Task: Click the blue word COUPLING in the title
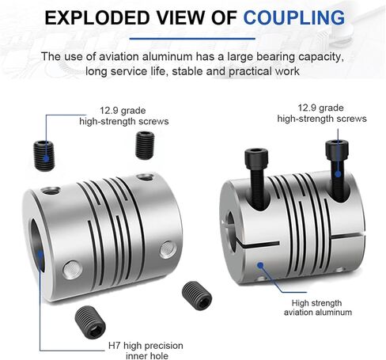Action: click(x=294, y=17)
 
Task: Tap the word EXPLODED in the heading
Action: click(x=97, y=17)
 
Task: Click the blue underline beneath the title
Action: click(x=192, y=39)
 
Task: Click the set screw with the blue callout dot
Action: click(x=44, y=156)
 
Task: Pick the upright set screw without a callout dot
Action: click(x=145, y=146)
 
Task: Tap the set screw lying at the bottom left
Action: click(x=90, y=322)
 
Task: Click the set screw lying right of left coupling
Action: click(x=197, y=296)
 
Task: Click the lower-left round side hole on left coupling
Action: click(x=72, y=270)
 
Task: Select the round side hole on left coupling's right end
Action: click(x=168, y=249)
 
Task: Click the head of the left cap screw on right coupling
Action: click(x=256, y=158)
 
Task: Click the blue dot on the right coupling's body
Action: click(x=260, y=265)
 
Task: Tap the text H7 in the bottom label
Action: click(x=115, y=346)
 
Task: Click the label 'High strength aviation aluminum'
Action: click(x=318, y=308)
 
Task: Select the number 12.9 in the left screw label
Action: click(x=109, y=111)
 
